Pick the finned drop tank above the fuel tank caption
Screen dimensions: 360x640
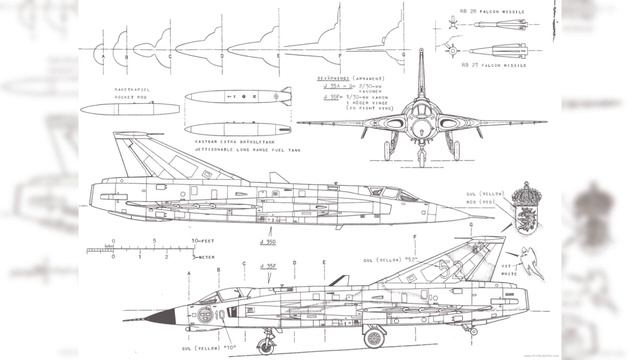click(x=237, y=97)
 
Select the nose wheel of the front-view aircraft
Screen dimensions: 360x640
click(x=421, y=157)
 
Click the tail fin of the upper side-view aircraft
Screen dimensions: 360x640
click(x=134, y=152)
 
